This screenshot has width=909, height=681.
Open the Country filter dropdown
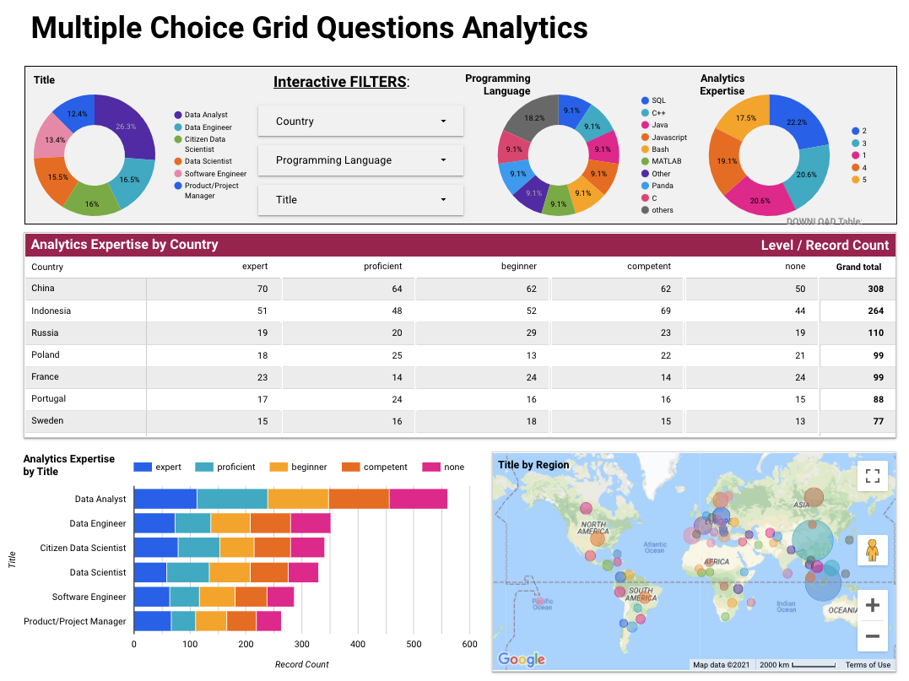tap(360, 121)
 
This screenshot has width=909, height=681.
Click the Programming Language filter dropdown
tap(360, 160)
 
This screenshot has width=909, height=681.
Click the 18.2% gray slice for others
tap(533, 119)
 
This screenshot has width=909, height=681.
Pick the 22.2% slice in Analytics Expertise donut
tap(798, 122)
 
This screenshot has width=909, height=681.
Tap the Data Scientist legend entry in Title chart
tap(206, 161)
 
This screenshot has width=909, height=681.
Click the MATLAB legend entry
tap(666, 161)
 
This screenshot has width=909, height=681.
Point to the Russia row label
tap(45, 332)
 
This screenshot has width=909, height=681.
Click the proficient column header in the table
tap(382, 267)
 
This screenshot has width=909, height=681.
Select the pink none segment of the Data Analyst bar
tap(418, 499)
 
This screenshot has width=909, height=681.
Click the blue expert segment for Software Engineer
tap(152, 597)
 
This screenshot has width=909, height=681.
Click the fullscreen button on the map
tap(872, 475)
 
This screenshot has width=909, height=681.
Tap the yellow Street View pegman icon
tap(872, 551)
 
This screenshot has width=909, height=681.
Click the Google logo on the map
tap(521, 659)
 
